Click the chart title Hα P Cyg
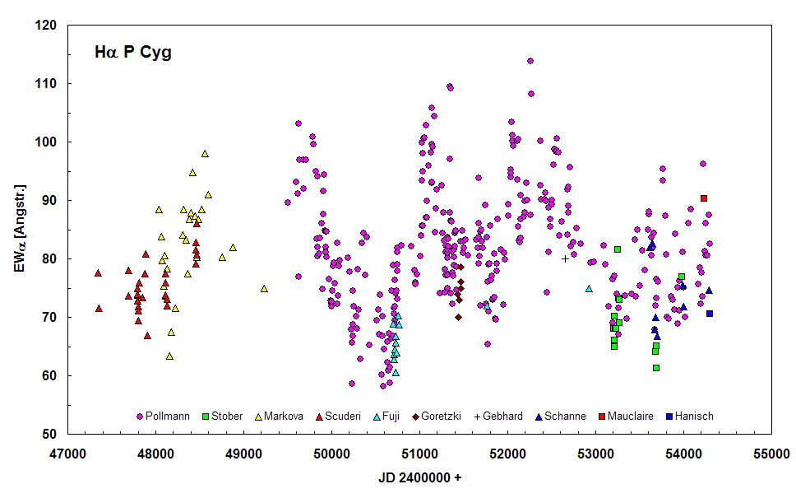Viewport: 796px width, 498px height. tap(132, 54)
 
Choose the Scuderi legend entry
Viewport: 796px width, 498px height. tap(337, 416)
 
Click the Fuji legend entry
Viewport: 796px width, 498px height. tap(387, 416)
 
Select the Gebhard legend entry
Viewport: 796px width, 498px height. tap(498, 416)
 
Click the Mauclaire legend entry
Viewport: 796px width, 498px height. tap(624, 416)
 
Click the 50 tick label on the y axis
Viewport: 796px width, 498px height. tap(50, 435)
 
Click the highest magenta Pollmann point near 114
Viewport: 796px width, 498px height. tap(530, 61)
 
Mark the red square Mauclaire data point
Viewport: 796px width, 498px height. tap(704, 198)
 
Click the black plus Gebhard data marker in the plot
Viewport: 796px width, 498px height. tap(565, 258)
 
